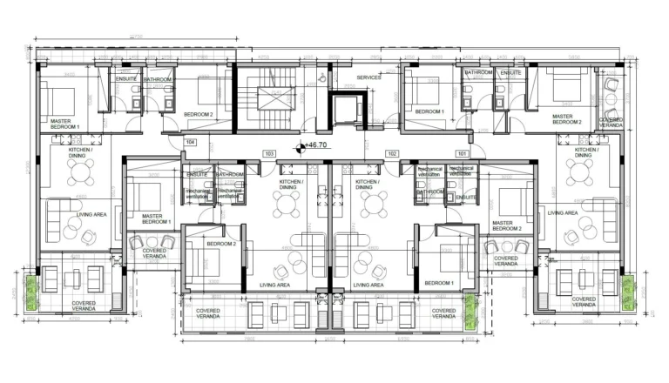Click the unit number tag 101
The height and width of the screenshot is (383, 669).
point(462,153)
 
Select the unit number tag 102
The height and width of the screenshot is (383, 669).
point(391,153)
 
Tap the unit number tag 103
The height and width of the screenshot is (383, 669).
point(269,153)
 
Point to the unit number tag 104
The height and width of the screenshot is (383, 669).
point(189,141)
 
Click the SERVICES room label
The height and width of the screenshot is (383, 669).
point(368,77)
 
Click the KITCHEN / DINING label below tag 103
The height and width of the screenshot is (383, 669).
point(291,184)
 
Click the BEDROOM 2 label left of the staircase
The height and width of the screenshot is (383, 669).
point(199,114)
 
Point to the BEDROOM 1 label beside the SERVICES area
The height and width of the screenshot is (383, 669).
point(429,111)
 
